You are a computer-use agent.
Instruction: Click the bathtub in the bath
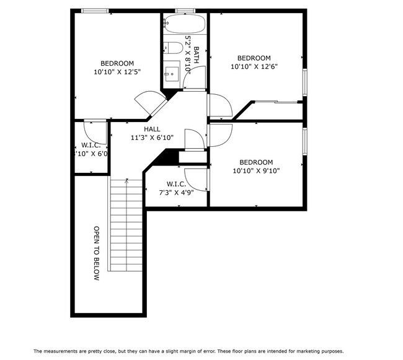coord(184,24)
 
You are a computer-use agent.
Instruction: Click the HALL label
coord(152,129)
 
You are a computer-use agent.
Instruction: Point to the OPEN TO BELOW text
coord(97,253)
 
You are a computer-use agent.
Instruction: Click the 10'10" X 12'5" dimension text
coord(117,72)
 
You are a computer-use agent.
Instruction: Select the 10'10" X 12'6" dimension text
coord(254,67)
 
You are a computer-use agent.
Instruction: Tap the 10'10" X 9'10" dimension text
coord(256,171)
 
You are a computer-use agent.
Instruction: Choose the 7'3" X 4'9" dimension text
coord(177,193)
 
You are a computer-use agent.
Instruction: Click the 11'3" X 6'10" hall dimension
coord(152,138)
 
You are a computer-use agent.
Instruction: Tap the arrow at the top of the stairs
coord(126,181)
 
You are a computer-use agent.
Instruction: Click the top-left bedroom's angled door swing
coord(148,101)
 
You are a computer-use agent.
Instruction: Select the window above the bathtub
coord(185,11)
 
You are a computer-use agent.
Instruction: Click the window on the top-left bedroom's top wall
coord(95,11)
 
